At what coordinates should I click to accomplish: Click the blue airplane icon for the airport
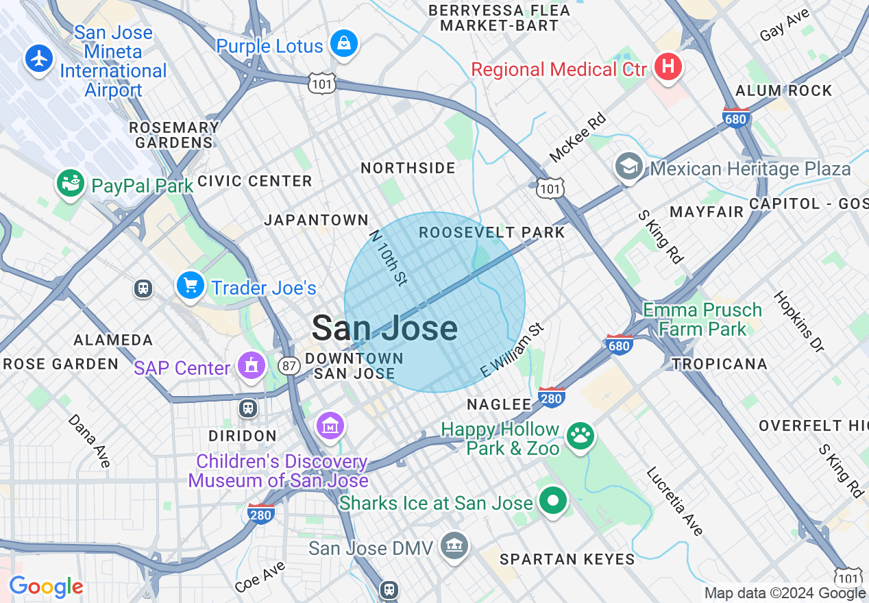40,58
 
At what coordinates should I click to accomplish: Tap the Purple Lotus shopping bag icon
343,45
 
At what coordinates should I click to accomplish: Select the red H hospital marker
668,67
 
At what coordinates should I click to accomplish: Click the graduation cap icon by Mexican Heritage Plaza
628,167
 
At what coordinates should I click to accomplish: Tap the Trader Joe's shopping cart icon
190,286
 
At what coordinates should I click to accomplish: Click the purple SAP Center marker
252,366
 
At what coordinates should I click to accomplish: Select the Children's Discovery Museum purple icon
331,426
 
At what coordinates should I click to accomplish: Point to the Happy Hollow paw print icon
580,434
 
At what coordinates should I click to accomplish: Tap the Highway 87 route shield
289,366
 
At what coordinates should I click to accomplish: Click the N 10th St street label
389,257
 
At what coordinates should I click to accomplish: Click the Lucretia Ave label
674,502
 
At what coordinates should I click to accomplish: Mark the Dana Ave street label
89,441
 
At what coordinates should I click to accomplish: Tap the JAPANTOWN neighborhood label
317,220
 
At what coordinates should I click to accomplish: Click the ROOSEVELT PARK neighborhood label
492,232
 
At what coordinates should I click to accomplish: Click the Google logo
45,587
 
